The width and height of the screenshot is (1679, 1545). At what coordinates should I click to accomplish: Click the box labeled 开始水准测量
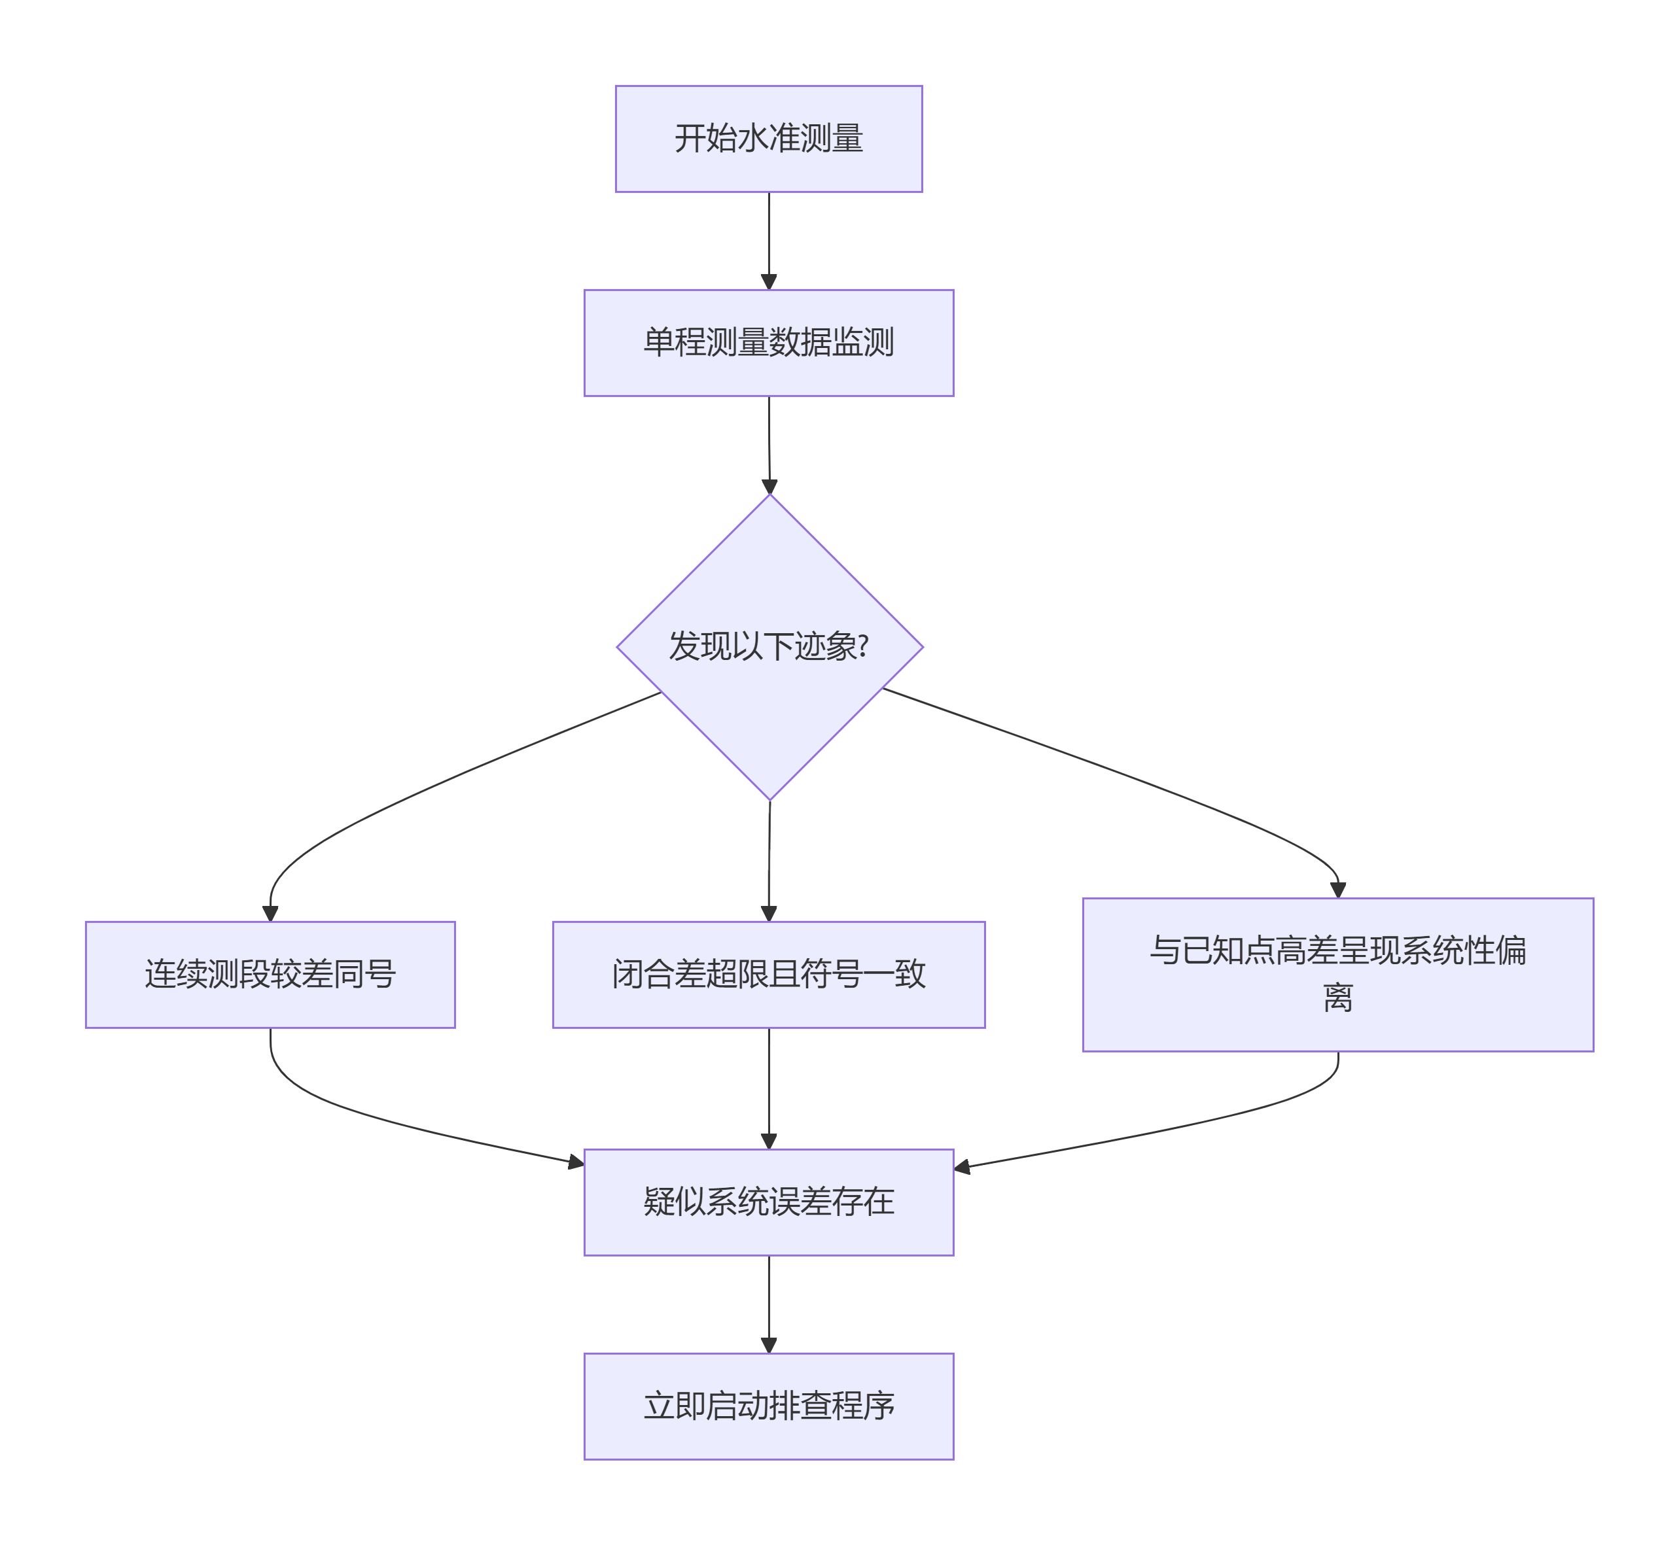click(768, 139)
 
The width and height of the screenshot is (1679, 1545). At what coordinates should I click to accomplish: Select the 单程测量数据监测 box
click(768, 343)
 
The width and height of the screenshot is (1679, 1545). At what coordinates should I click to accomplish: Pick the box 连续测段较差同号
click(270, 975)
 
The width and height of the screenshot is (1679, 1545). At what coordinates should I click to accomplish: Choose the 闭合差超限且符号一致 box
click(768, 975)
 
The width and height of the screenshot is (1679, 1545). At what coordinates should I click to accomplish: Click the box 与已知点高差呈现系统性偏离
click(1338, 975)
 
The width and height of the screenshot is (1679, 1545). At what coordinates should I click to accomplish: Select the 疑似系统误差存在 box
click(768, 1202)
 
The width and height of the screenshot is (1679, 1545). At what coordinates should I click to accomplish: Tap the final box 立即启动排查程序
click(768, 1406)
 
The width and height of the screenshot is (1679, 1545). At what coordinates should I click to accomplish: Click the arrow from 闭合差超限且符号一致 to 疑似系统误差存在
click(768, 1087)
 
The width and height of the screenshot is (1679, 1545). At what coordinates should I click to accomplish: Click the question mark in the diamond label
click(864, 646)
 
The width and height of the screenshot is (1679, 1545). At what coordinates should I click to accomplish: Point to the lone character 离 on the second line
click(1338, 998)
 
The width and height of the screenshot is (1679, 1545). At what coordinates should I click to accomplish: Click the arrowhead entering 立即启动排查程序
click(768, 1345)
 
